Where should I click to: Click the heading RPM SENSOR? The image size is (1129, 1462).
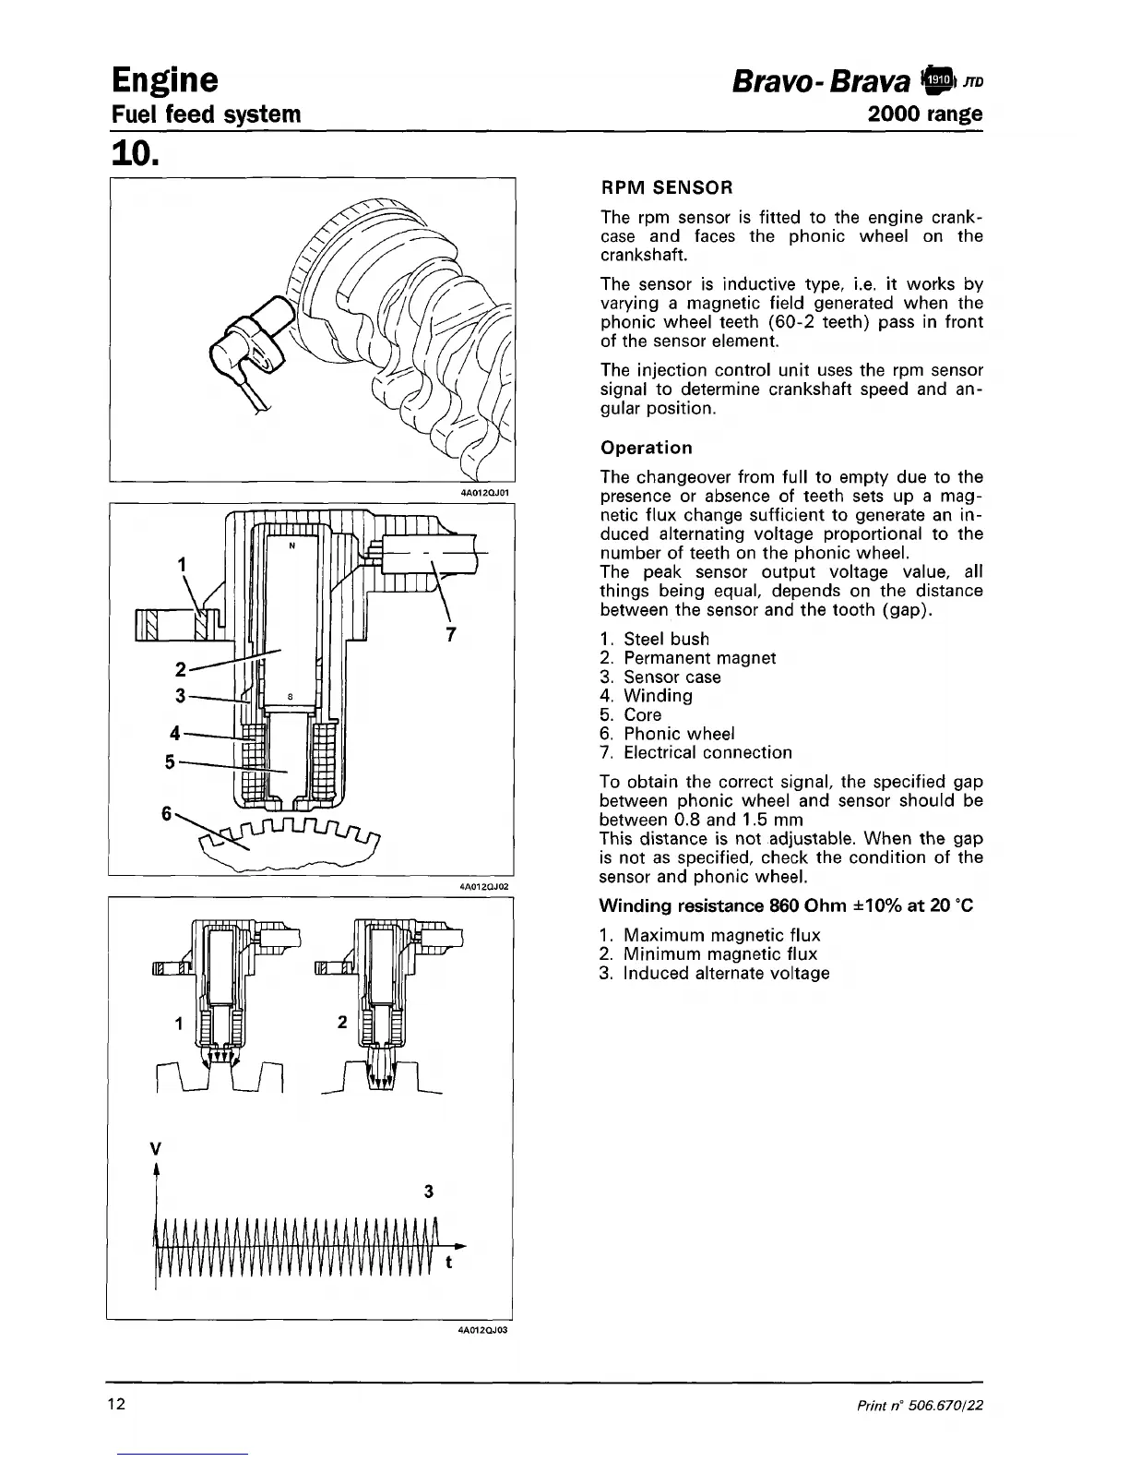666,187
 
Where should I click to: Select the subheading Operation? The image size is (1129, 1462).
646,448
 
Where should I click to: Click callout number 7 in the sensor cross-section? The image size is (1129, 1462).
451,633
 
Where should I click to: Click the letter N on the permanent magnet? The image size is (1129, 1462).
291,545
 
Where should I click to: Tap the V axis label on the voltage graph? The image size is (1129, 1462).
156,1149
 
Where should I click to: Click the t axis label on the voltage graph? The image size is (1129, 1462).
449,1263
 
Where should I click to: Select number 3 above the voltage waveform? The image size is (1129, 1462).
428,1191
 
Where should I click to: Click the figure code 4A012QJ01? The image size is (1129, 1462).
484,493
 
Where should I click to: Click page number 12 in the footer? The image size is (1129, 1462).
116,1405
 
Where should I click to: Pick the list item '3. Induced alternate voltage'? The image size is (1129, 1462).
714,973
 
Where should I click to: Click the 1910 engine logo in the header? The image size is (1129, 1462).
933,80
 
